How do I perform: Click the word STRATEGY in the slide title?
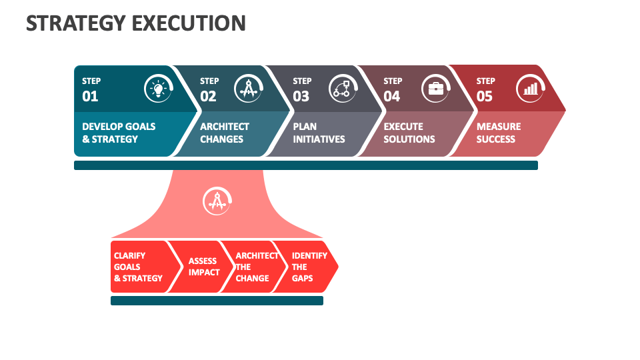(76, 23)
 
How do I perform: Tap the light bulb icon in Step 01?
(158, 88)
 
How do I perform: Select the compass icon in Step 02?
(248, 88)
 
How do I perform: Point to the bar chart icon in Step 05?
(531, 88)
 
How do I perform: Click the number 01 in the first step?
(90, 97)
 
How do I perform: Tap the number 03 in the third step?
(301, 97)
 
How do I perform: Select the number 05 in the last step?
(485, 97)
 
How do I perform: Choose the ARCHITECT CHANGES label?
(225, 133)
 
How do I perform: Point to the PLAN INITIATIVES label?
(319, 133)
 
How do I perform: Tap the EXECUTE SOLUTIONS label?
(409, 133)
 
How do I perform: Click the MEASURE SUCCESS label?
(499, 133)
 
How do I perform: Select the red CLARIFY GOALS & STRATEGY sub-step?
(138, 267)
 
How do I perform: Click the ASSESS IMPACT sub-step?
(203, 267)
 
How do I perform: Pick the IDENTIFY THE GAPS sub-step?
(309, 267)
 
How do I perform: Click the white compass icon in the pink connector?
(217, 201)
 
